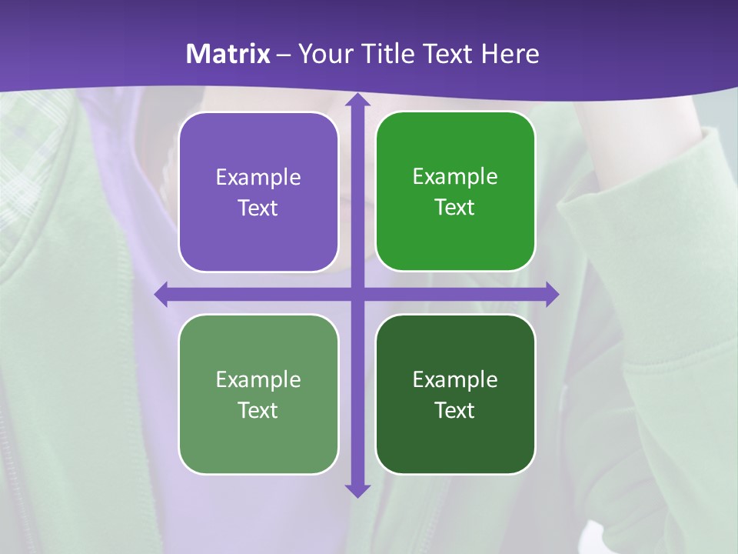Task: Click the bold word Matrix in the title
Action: (x=228, y=54)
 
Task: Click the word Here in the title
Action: (x=510, y=54)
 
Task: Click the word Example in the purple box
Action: (x=258, y=178)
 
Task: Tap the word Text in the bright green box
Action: (x=455, y=208)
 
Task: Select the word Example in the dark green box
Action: (x=455, y=380)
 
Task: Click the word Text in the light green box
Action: (x=258, y=410)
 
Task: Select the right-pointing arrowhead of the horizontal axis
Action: (x=550, y=294)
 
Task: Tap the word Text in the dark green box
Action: (x=455, y=410)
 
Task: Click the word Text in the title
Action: (x=447, y=54)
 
